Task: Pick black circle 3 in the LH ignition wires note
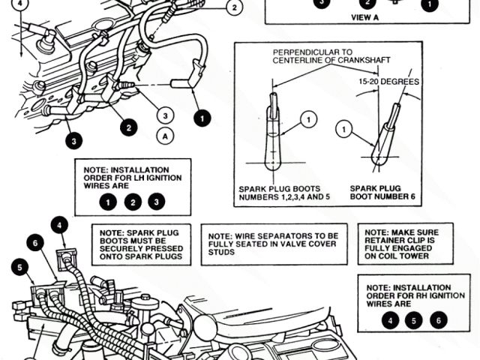coord(157,202)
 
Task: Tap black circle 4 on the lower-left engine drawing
coord(61,223)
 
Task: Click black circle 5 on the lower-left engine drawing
coord(16,264)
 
